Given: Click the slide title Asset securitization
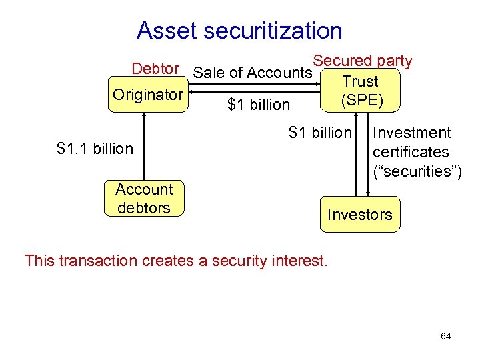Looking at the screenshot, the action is (x=239, y=31).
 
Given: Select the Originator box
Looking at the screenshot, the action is (x=147, y=95).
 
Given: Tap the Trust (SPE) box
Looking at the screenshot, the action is (x=360, y=91).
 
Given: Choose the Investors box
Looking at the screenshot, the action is (x=360, y=215).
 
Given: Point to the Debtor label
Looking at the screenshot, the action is (x=155, y=69).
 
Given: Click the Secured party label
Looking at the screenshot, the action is (x=363, y=61).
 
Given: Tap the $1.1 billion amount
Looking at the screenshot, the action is (x=95, y=149).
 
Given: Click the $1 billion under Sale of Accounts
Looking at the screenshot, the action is (x=259, y=105).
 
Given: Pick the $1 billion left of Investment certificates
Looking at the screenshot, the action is (x=319, y=133).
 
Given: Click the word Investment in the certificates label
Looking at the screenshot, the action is (x=412, y=133).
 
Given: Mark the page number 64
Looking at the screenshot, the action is (x=445, y=336).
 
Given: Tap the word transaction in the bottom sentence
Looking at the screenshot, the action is (x=99, y=260).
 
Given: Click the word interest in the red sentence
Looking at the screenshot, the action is (x=299, y=260).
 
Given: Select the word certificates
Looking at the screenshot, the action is (x=411, y=152).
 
